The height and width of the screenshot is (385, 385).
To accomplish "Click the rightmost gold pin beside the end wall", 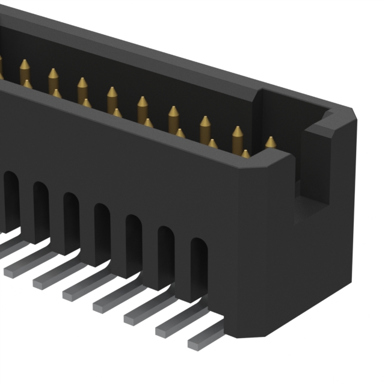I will pyautogui.click(x=270, y=143).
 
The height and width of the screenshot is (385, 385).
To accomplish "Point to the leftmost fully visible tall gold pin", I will pyautogui.click(x=25, y=69).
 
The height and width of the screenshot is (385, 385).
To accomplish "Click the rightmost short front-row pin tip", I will pyautogui.click(x=245, y=154).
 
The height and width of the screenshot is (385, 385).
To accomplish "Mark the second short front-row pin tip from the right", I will pyautogui.click(x=212, y=144).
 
